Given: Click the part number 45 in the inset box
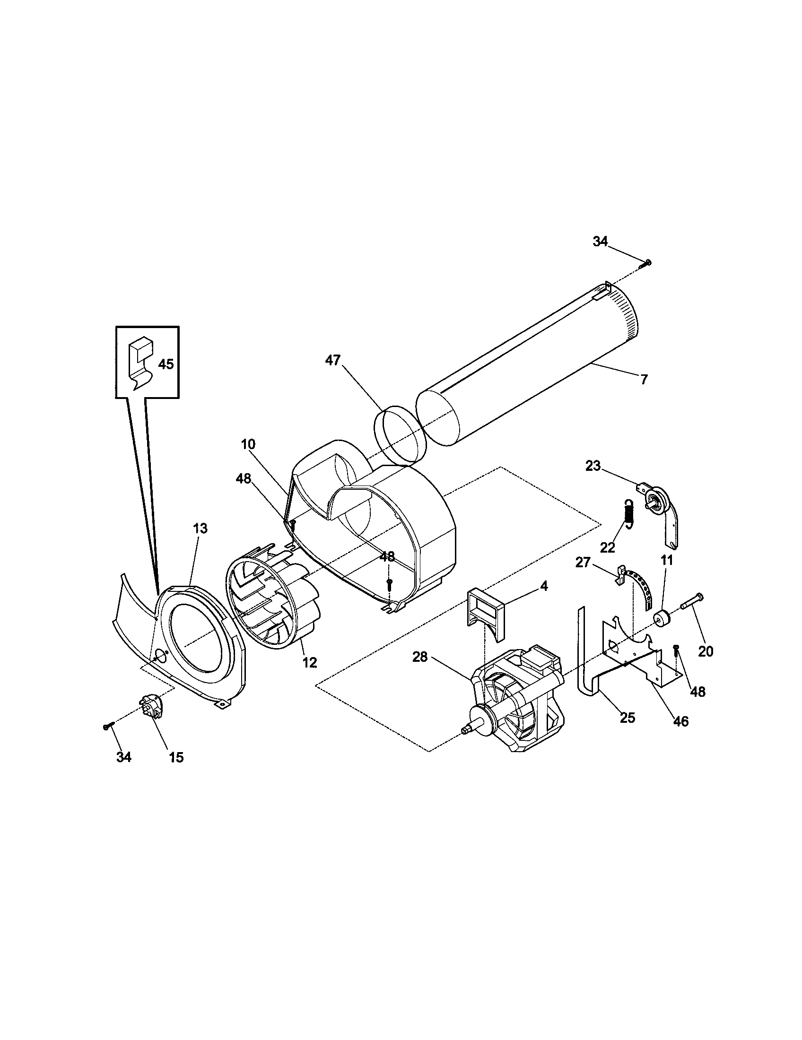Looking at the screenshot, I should point(166,364).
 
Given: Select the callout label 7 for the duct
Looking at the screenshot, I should point(644,380).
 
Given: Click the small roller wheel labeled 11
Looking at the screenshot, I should point(662,619).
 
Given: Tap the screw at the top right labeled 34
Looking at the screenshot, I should point(648,262).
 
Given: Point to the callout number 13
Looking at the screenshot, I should point(200,528).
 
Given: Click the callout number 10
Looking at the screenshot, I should point(248,444).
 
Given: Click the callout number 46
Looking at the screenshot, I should point(681,721).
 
